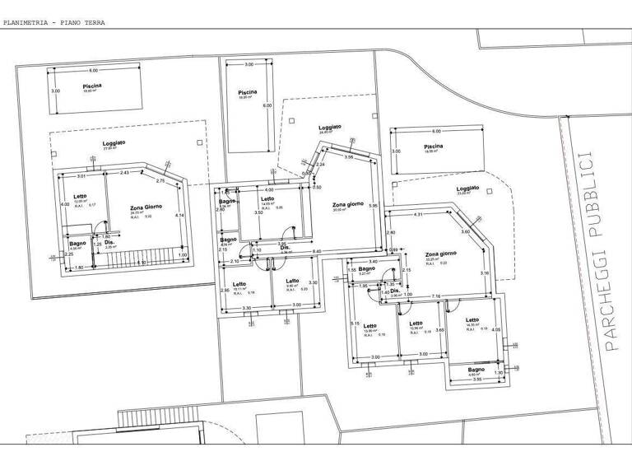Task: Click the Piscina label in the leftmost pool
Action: pos(92,86)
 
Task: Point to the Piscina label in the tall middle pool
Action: pos(247,92)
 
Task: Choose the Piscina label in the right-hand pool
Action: pos(434,146)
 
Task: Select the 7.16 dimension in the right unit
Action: pos(437,295)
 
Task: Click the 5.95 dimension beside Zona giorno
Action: pos(373,205)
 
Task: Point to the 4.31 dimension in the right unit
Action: pos(417,215)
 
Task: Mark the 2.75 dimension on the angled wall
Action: pos(160,180)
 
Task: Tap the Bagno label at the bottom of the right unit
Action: pos(476,370)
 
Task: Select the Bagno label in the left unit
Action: pos(77,243)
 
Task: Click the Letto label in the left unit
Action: pos(79,195)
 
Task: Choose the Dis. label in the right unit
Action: pos(395,290)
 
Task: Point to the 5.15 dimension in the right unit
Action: pos(355,324)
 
